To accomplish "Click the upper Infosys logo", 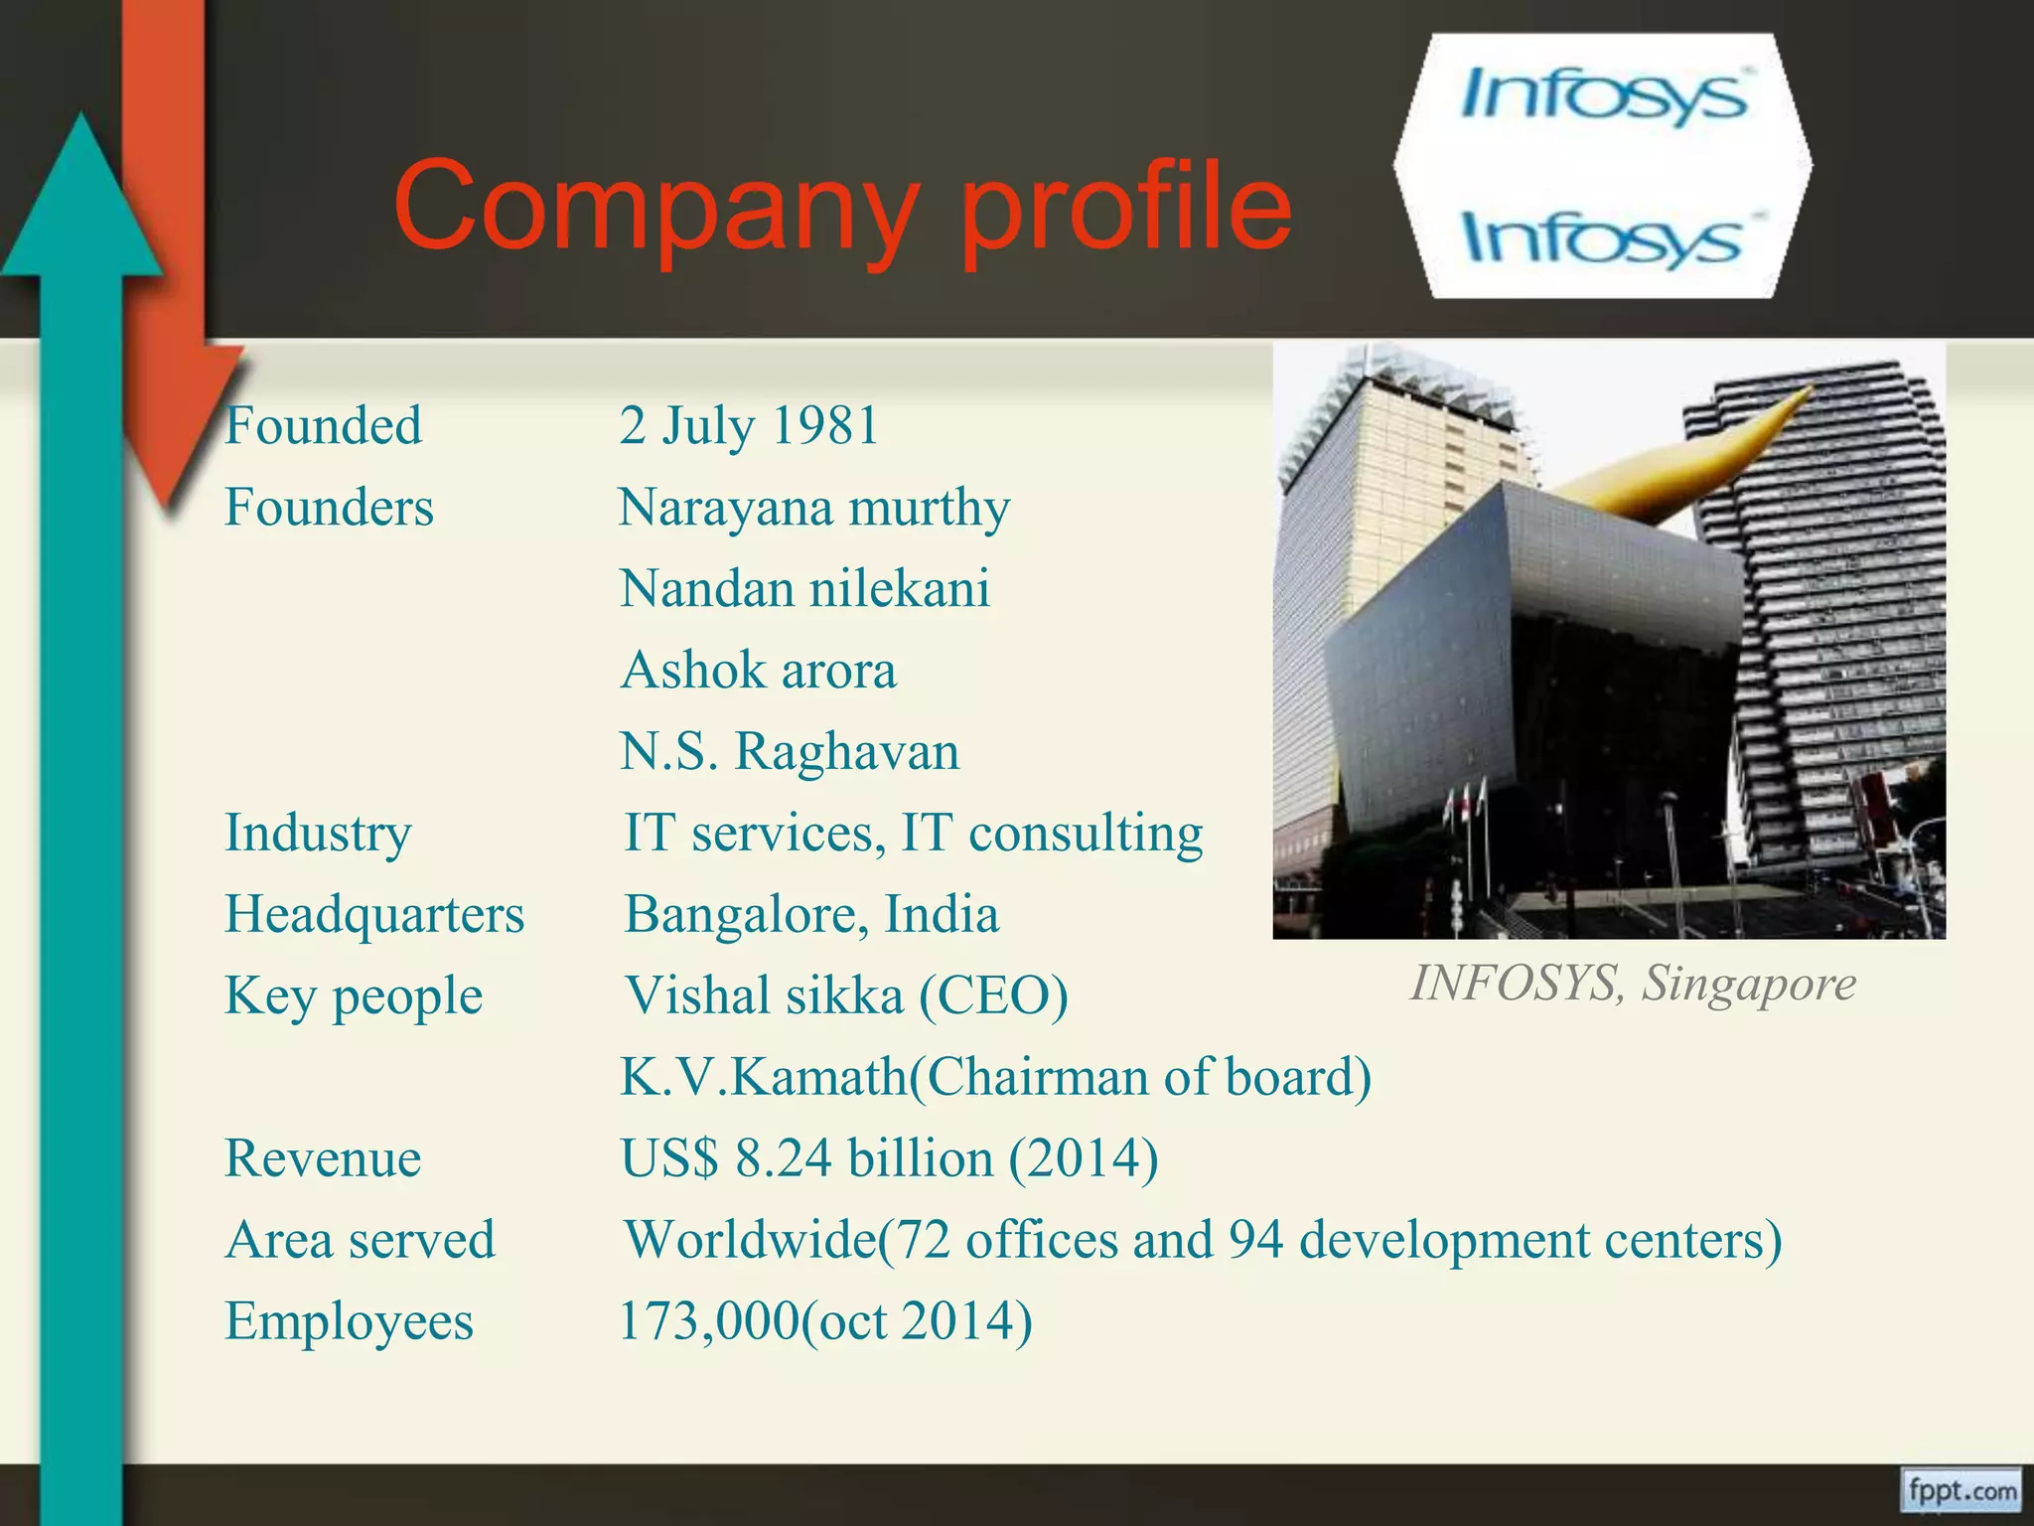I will pos(1603,96).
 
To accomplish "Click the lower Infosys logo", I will pos(1603,239).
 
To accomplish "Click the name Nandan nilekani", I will pos(804,588).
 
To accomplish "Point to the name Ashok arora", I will pos(759,670).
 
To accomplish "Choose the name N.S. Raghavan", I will pos(790,751).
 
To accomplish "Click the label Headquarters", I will pos(374,914).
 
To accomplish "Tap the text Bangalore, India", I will pos(811,914).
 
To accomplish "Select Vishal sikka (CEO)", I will pos(846,995).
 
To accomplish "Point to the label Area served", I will pos(360,1240).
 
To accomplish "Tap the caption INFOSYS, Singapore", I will pos(1634,984).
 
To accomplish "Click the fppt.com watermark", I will pos(1961,1491).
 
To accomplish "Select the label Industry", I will pos(318,833).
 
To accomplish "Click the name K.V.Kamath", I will pos(763,1077).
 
